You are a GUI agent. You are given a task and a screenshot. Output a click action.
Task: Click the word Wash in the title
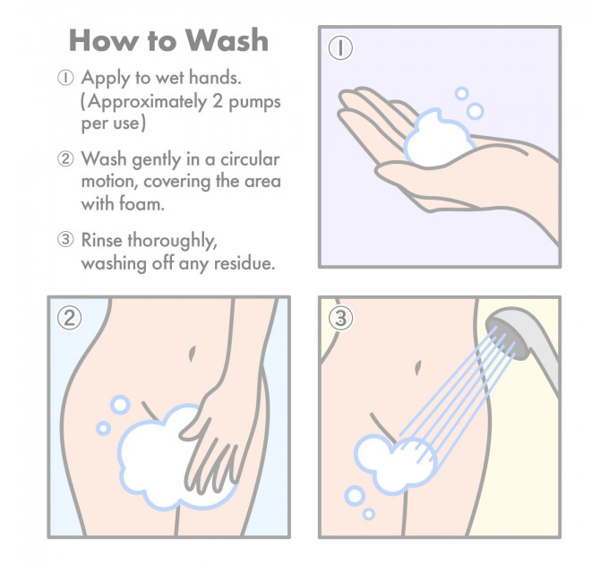click(x=227, y=40)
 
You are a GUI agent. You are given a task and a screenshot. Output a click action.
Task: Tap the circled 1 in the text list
click(x=65, y=78)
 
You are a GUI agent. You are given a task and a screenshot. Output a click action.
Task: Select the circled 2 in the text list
click(x=65, y=158)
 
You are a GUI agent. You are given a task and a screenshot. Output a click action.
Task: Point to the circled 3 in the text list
click(x=65, y=240)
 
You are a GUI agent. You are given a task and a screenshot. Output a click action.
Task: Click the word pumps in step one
click(x=254, y=103)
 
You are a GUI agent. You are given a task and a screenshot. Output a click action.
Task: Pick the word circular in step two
click(x=250, y=159)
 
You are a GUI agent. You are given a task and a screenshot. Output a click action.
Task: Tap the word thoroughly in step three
click(x=173, y=241)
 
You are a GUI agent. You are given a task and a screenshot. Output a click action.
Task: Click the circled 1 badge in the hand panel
click(x=340, y=48)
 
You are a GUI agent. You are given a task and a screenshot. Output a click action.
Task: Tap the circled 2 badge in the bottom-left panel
click(x=70, y=319)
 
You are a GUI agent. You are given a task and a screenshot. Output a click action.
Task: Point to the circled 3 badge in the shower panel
click(x=340, y=319)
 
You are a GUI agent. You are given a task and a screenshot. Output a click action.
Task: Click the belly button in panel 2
click(x=192, y=354)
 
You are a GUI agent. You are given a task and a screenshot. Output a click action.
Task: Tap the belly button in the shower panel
click(x=418, y=368)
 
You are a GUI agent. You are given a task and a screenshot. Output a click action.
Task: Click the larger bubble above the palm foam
click(x=475, y=111)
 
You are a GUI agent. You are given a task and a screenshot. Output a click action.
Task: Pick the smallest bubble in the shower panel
click(x=369, y=515)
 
